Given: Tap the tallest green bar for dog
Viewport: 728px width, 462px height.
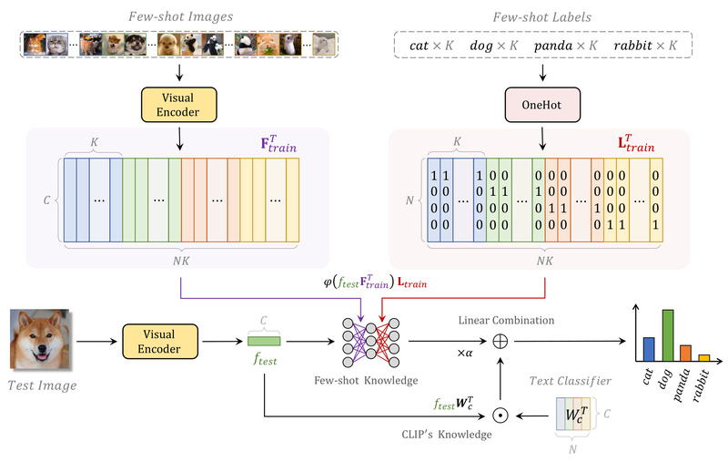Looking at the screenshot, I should (x=668, y=335).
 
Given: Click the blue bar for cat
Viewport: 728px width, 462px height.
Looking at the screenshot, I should (x=648, y=349).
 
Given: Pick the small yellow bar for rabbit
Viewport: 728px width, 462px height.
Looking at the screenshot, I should (x=703, y=357).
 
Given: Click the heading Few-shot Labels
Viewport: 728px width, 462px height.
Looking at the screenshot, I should (x=542, y=16).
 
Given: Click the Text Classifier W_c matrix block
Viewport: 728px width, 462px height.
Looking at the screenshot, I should (x=572, y=416).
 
